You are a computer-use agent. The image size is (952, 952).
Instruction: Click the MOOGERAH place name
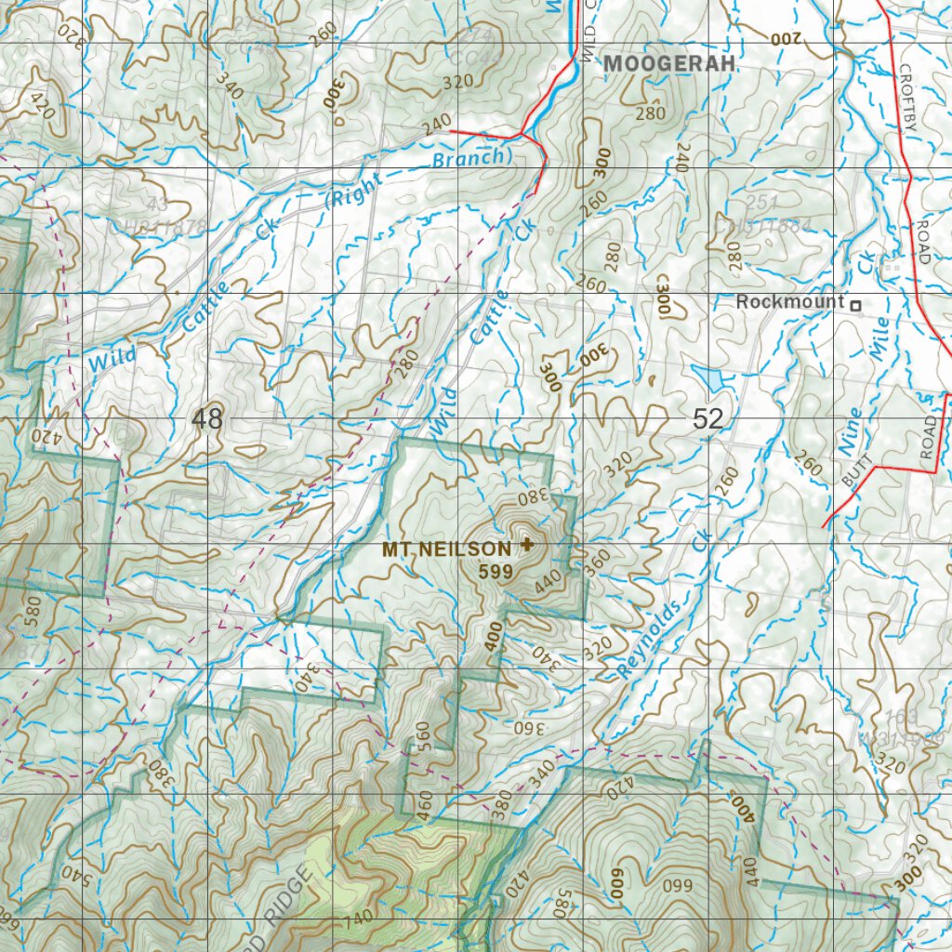coord(669,64)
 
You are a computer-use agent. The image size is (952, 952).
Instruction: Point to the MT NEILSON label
coord(446,549)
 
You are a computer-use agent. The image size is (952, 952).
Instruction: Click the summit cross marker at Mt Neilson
coord(528,545)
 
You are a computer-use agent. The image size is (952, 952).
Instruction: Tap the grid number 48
coord(207,419)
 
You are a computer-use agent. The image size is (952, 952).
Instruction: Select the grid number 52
coord(707,419)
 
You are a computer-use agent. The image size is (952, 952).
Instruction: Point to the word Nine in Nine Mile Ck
coord(850,432)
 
